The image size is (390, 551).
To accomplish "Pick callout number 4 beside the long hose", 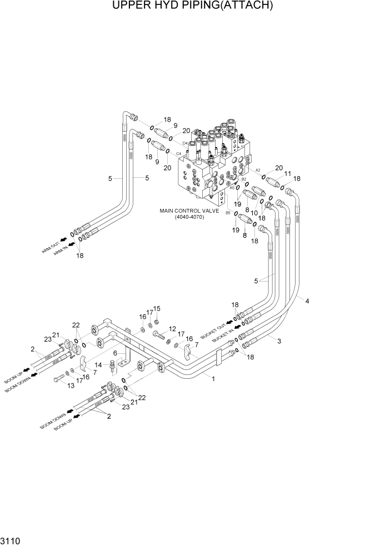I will click(307, 300).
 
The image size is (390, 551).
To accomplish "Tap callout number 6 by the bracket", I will click(115, 353).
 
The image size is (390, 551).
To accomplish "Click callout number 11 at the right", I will click(287, 174).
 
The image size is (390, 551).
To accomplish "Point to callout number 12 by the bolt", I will click(172, 329).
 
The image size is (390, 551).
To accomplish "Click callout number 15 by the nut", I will click(157, 309).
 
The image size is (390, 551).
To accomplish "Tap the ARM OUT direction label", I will click(51, 248).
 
